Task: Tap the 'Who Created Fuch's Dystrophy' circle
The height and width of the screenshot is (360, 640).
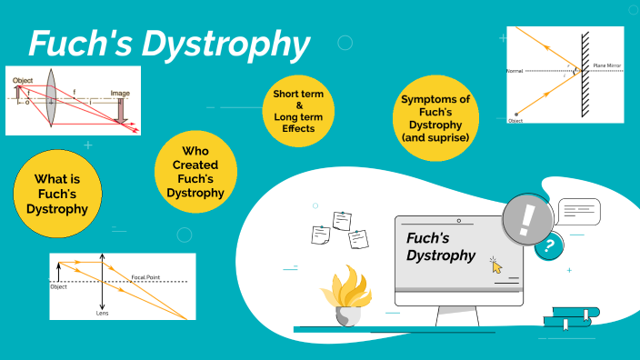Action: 196,171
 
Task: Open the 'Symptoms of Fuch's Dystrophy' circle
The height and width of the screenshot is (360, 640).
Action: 435,118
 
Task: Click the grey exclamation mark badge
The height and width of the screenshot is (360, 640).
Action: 526,218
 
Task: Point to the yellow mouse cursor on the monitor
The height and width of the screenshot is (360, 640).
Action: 496,265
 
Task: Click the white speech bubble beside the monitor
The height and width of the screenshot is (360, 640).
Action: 579,212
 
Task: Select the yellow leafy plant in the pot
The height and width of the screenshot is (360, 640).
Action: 345,288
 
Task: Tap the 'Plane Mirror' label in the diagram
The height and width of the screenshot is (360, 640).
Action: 608,66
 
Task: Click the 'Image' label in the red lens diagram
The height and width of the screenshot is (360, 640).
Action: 119,93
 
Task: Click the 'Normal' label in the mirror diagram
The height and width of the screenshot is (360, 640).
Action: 515,70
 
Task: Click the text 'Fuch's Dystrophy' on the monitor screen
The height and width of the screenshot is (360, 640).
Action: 441,246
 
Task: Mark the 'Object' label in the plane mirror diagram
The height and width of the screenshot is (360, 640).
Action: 515,120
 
